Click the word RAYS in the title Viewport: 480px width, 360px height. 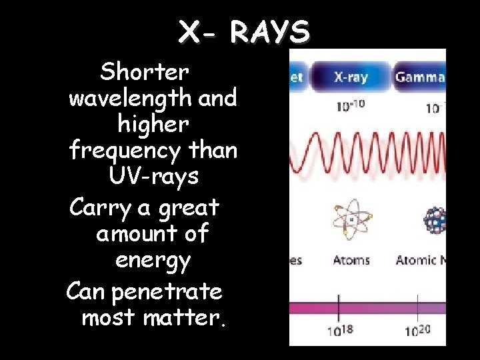271,31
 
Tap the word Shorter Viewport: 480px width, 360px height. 145,71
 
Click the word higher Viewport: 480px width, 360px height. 153,125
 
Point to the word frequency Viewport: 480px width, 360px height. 125,151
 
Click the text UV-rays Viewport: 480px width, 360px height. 153,177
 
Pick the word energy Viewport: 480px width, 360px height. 153,260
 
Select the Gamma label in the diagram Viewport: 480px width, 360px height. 420,77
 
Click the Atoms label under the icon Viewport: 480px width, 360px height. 351,259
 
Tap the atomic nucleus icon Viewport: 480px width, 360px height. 436,221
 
